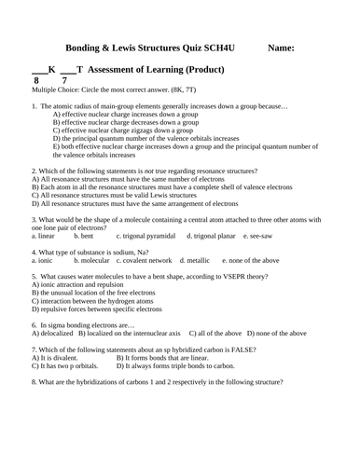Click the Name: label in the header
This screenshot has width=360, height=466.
coord(281,47)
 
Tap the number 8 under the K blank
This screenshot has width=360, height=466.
coord(36,82)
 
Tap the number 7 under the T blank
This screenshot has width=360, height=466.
coord(63,82)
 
